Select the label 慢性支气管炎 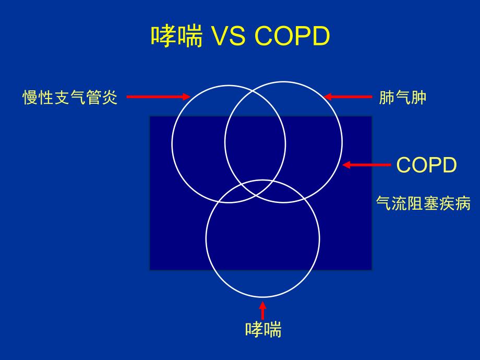pos(70,98)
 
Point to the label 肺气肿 pos(402,98)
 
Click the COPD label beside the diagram pos(426,165)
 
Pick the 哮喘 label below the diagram pos(263,330)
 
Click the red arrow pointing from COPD pos(367,165)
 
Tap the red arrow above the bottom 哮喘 pos(263,309)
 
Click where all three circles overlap pos(256,188)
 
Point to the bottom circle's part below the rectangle pos(262,284)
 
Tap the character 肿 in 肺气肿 pos(418,98)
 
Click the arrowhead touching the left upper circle pos(187,97)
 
